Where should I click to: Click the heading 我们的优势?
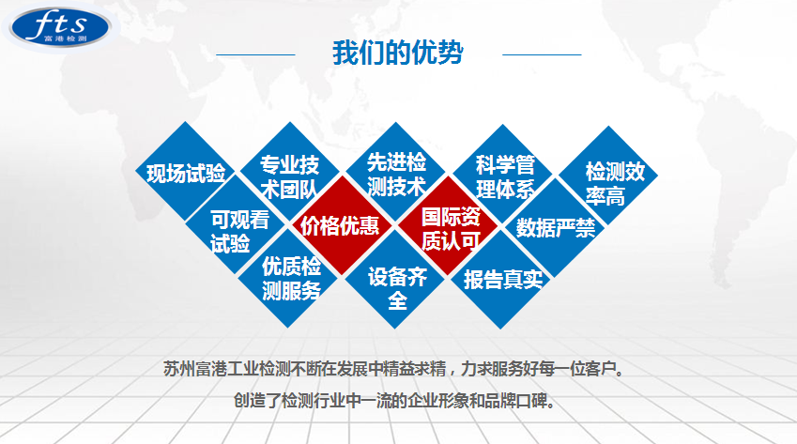coord(398,53)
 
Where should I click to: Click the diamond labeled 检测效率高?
coord(608,176)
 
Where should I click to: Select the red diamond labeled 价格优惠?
coord(342,225)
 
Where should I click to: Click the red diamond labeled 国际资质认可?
coord(448,226)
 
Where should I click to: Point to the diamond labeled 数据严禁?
coord(555,227)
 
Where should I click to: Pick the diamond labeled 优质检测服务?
coord(288,278)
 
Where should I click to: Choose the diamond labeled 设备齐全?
coord(395,279)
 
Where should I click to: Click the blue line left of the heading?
coord(255,54)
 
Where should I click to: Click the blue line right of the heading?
coord(542,54)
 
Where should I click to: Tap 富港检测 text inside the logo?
coord(66,38)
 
